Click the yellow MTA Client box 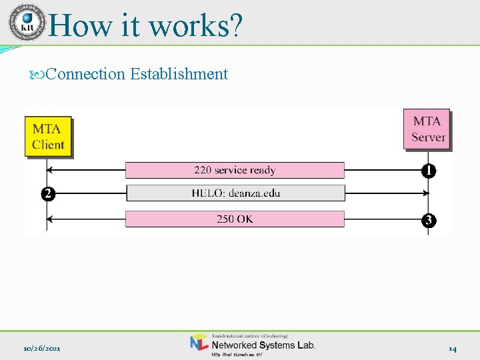pos(48,137)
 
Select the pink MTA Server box pos(427,129)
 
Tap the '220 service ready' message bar pos(235,170)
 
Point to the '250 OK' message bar pos(235,219)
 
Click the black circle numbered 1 pos(429,171)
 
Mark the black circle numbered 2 pos(46,195)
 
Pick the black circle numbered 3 pos(429,219)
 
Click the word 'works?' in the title pos(195,25)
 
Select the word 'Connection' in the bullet pos(86,74)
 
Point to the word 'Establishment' pos(179,74)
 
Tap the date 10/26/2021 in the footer pos(43,349)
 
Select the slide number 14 pos(452,349)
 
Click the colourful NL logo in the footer pos(199,343)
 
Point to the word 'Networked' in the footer pos(233,345)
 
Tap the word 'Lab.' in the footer pos(305,345)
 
